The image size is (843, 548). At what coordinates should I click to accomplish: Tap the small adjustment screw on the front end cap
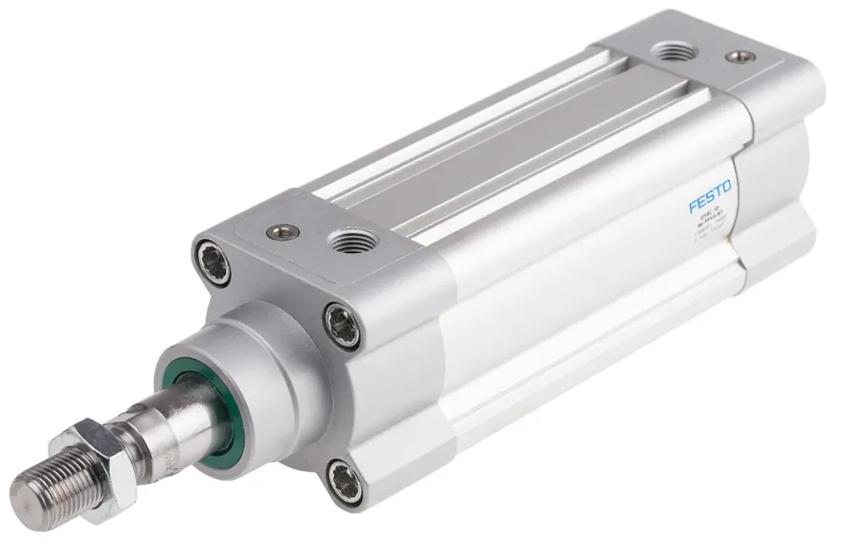point(281,230)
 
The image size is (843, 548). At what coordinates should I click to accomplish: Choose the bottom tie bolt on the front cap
point(346,483)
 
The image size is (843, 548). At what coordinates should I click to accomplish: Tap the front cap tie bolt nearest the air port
point(343,325)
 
